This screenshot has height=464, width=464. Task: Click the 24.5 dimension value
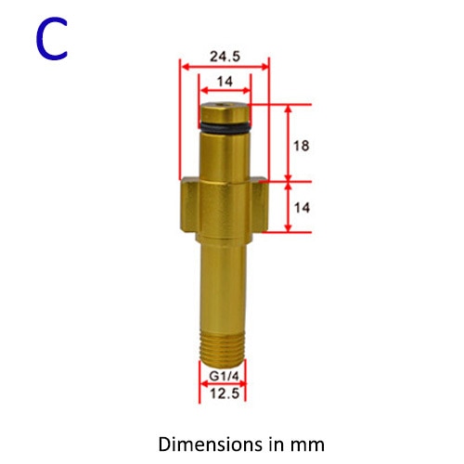[x=224, y=56]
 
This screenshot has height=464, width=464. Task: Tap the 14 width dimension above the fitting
[x=224, y=82]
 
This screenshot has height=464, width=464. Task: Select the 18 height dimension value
[x=300, y=146]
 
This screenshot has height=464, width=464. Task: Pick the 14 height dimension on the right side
[x=300, y=208]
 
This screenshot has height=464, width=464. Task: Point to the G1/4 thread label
[x=223, y=378]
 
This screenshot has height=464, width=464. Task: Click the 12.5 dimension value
[x=223, y=393]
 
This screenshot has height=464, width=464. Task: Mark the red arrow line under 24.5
[x=224, y=67]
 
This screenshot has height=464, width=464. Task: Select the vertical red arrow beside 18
[x=288, y=144]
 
